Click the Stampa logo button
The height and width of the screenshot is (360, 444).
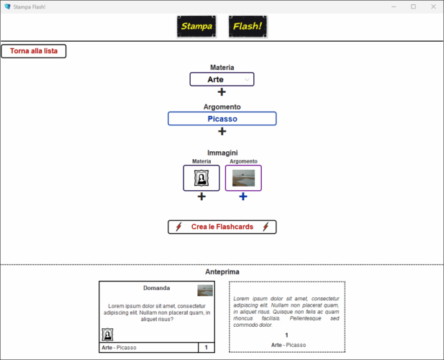pos(196,27)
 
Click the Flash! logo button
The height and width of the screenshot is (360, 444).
pos(248,27)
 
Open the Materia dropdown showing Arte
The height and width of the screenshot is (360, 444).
pos(222,79)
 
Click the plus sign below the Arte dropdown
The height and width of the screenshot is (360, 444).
pos(222,92)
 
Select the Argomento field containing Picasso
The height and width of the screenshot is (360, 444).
pos(222,119)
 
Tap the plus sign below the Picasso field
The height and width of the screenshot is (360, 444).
pos(222,131)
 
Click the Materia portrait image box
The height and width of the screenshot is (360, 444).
pos(201,178)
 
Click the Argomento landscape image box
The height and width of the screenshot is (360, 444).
pos(243,178)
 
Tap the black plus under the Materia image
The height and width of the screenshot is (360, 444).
pos(201,197)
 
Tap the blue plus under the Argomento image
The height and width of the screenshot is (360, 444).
pos(243,197)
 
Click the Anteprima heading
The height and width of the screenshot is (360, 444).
pos(222,271)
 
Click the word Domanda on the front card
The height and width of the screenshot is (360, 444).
pos(157,288)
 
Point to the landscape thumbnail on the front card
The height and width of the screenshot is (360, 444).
pos(205,290)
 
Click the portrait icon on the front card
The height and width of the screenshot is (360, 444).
pos(107,334)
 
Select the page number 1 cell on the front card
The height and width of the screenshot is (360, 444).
pos(207,348)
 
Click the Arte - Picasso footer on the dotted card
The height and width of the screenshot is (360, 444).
pos(288,345)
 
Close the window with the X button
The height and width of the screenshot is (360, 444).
pos(432,6)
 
